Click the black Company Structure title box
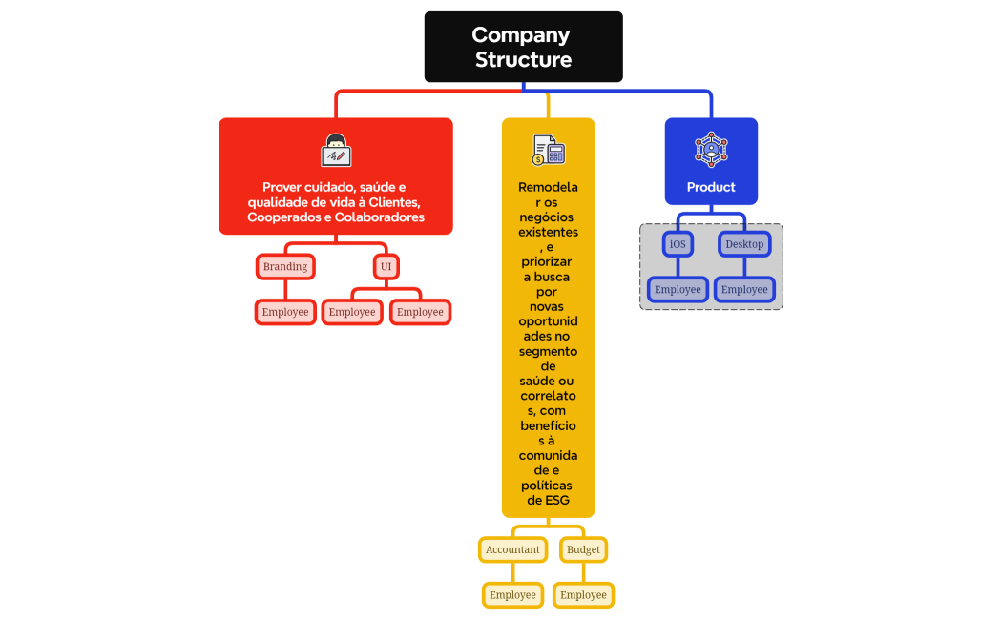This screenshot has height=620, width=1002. (x=523, y=47)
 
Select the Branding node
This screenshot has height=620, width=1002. (x=285, y=266)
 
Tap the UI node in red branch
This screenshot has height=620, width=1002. (x=386, y=266)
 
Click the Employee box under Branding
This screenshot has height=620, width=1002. (x=285, y=312)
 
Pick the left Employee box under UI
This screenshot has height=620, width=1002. (x=352, y=312)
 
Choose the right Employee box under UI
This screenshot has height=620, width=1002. (x=420, y=312)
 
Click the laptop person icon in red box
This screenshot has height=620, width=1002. (x=336, y=151)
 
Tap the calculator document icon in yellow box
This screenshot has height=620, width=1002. (x=549, y=151)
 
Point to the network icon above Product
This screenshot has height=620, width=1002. (x=711, y=150)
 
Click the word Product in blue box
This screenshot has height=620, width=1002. (x=711, y=187)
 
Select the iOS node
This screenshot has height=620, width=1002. (x=678, y=244)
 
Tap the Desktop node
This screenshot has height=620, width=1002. (x=744, y=244)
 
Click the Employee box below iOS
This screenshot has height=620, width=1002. (x=678, y=289)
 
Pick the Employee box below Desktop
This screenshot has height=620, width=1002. (x=744, y=289)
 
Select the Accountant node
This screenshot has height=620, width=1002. (x=512, y=549)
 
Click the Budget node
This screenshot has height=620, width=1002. (x=583, y=549)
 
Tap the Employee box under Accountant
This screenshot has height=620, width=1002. (x=512, y=594)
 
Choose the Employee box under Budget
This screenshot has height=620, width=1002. (x=583, y=594)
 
